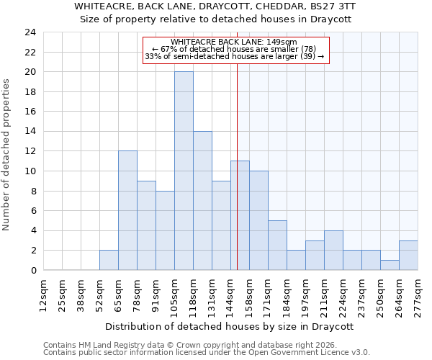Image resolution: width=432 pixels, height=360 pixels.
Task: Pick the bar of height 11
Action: pos(240,215)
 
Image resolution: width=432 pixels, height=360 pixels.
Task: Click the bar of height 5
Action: pos(277,245)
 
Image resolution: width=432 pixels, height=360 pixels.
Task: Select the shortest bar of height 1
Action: pos(390,265)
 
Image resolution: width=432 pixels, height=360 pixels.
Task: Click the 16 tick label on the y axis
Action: pos(30,112)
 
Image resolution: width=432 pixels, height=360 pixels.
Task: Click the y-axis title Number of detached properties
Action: pos(7,155)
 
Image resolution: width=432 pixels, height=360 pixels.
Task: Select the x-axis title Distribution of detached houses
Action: pos(234,326)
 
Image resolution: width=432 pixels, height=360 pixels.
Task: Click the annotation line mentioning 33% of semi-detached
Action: pos(235,56)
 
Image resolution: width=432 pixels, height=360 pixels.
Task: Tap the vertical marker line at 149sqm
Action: pos(237,180)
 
